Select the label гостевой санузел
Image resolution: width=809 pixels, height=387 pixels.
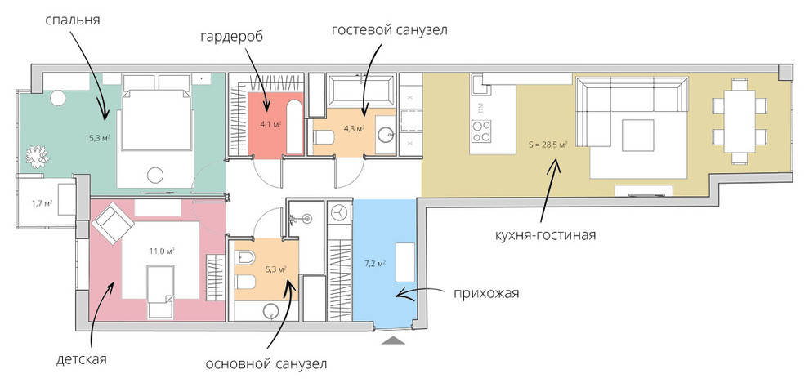tap(390, 29)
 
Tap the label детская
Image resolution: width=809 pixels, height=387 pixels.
tap(83, 358)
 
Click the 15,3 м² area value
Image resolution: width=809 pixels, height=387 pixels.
tap(97, 138)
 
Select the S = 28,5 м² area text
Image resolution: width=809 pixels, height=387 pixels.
tap(548, 144)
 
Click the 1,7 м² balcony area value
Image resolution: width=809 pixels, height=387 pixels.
tap(42, 202)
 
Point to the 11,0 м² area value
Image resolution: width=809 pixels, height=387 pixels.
tap(162, 251)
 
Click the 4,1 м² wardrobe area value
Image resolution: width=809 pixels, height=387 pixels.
tap(270, 125)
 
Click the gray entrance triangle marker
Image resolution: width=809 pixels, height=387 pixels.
tap(394, 339)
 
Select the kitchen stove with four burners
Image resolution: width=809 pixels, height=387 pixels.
tap(480, 130)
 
